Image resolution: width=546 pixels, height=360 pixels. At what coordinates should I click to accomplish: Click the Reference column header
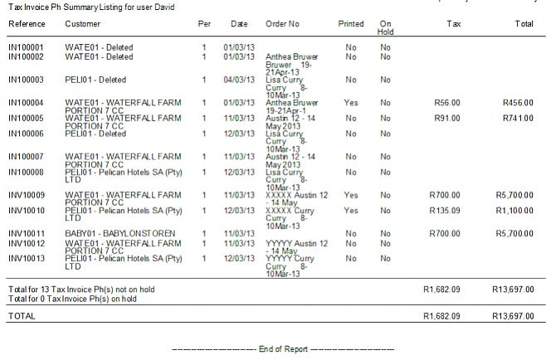[27, 24]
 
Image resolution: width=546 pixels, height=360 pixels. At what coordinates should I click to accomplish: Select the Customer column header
[83, 24]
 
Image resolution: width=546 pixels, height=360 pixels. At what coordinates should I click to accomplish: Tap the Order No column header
[284, 24]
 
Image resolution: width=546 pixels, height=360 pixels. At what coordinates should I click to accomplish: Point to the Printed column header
[351, 24]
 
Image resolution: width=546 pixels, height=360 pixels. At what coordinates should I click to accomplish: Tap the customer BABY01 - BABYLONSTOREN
[115, 234]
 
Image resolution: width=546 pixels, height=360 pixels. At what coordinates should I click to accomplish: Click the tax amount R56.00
[446, 103]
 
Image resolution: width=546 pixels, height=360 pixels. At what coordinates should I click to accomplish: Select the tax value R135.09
[446, 211]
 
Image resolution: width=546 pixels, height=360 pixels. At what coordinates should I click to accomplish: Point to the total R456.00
[518, 103]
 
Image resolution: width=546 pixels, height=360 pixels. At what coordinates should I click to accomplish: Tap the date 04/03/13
[238, 80]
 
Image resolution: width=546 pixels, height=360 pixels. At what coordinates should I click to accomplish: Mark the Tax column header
[453, 24]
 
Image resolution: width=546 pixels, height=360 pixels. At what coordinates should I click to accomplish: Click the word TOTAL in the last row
[22, 317]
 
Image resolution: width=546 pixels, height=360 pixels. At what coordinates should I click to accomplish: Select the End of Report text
[284, 349]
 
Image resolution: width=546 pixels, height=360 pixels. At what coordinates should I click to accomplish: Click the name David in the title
[188, 7]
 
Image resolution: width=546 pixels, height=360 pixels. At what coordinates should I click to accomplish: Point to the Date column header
[239, 24]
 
